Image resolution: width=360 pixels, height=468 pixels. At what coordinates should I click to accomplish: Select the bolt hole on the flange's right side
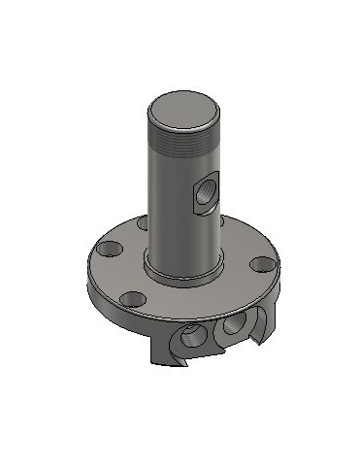[260, 263]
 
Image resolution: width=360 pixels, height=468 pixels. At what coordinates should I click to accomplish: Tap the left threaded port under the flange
[192, 338]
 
